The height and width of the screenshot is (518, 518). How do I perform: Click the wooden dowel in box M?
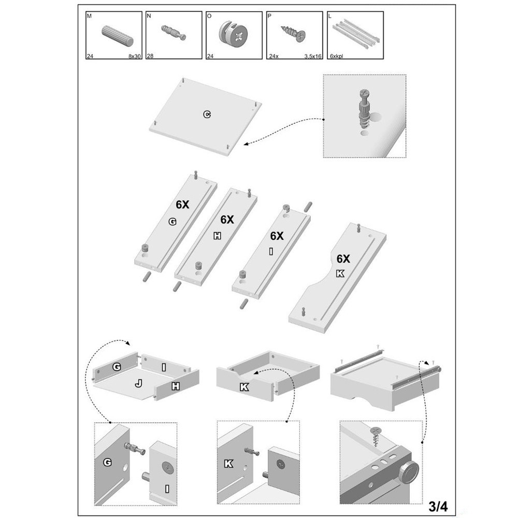(117, 36)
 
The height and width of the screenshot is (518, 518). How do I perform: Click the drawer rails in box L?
(356, 34)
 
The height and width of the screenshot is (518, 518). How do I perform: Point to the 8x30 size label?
(135, 56)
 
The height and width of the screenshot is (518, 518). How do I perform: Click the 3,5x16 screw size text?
(312, 56)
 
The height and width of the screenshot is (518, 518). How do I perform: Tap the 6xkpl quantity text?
(336, 56)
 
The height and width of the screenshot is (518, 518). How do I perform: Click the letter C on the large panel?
(207, 114)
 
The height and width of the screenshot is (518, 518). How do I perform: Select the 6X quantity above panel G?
(182, 205)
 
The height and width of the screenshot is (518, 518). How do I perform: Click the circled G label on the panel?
(172, 222)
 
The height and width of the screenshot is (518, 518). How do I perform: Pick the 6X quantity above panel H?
(227, 220)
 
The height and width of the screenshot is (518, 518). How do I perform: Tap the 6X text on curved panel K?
(343, 258)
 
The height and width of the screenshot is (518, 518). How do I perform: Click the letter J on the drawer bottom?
(139, 383)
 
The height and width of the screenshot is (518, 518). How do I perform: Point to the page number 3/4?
(438, 506)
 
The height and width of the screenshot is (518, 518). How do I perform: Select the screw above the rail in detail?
(375, 436)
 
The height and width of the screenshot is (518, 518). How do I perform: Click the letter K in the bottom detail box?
(228, 464)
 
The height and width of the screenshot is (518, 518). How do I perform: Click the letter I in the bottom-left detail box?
(167, 488)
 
